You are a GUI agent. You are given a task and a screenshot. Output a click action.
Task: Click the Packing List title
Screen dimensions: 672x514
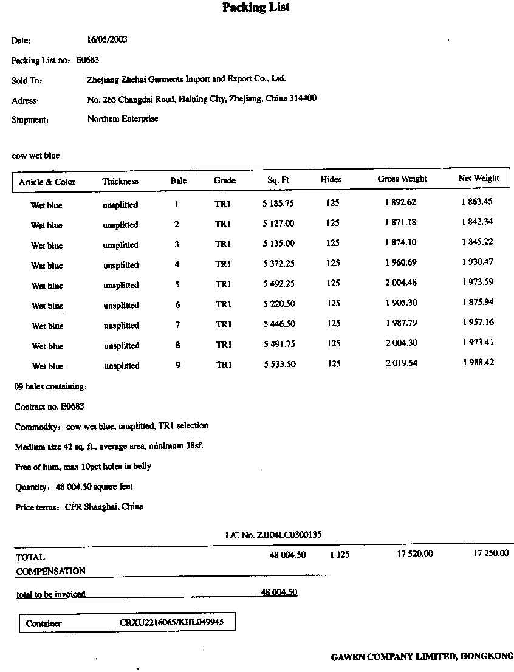point(256,8)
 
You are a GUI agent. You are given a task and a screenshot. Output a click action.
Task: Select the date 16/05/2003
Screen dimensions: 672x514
point(108,40)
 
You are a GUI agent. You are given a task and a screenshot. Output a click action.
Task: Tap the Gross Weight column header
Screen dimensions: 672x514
point(402,179)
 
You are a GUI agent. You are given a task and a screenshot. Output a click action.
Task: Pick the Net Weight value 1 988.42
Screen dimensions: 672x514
point(478,363)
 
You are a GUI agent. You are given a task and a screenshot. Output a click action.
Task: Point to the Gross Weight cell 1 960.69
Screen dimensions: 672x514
point(400,263)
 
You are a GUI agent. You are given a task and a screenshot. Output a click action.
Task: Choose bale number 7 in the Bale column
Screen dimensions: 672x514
point(177,325)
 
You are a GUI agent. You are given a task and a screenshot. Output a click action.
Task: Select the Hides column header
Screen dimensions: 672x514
point(331,180)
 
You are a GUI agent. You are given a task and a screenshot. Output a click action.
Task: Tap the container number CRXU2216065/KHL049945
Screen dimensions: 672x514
point(171,623)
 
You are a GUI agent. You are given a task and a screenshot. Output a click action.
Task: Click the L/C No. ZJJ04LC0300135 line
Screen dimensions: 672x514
point(273,535)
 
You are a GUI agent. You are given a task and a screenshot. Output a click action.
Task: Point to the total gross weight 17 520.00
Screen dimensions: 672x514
point(415,554)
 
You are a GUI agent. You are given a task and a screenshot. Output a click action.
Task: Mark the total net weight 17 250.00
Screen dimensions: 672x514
point(490,554)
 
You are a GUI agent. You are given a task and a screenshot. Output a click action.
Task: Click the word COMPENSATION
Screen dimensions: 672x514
point(50,571)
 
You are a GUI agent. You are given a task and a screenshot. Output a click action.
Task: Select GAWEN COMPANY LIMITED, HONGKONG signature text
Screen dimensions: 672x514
point(422,657)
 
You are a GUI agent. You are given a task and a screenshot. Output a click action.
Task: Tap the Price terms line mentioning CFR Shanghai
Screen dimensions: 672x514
point(79,507)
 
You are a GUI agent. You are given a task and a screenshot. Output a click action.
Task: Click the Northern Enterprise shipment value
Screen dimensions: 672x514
point(123,119)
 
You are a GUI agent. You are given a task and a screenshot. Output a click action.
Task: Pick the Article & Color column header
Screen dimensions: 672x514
point(47,182)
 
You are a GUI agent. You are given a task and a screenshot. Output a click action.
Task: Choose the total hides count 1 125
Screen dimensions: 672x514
point(340,555)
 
